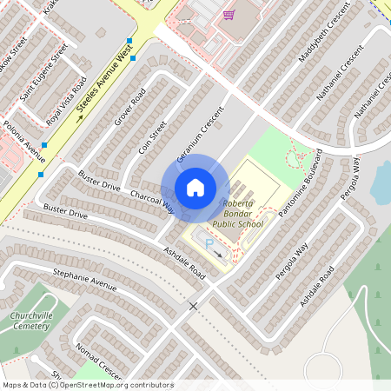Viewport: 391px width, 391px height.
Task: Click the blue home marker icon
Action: pyautogui.click(x=195, y=187)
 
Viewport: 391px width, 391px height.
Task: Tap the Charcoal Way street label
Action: pyautogui.click(x=151, y=202)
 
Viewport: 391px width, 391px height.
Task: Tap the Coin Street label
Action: pyautogui.click(x=153, y=137)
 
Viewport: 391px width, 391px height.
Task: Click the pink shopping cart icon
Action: pyautogui.click(x=229, y=14)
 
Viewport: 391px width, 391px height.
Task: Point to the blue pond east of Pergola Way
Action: pyautogui.click(x=381, y=180)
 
